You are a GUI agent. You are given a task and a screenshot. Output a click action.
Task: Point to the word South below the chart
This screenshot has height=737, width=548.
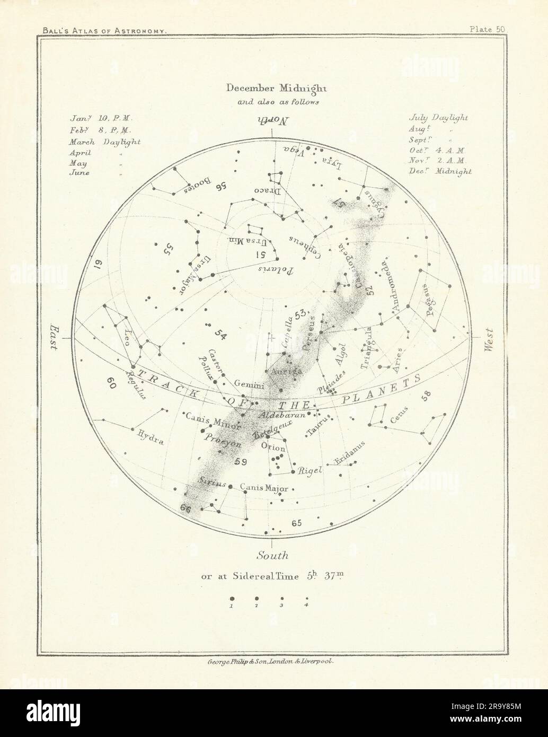[272, 556]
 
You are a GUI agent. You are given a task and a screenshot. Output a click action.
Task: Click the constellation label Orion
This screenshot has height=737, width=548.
[273, 447]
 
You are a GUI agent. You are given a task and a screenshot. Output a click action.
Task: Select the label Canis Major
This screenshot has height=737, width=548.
[264, 487]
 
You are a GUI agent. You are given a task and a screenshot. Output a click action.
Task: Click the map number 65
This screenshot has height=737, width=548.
[296, 523]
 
